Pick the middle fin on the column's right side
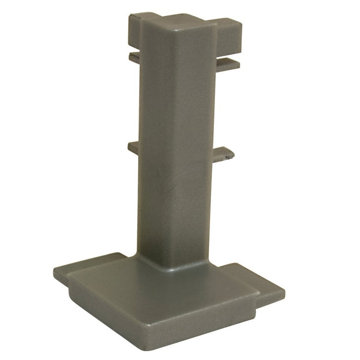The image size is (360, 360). pos(224,154)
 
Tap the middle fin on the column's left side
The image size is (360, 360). pos(133,146)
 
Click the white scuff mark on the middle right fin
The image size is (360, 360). pos(227,159)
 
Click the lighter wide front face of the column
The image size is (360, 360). pos(168,148)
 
